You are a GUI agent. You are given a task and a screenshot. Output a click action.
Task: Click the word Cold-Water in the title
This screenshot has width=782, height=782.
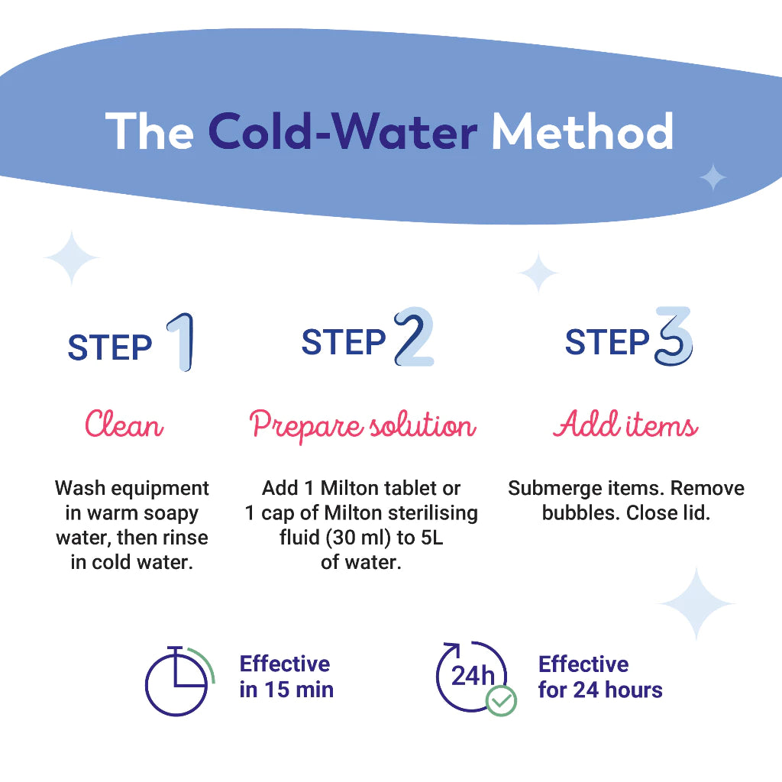pyautogui.click(x=343, y=131)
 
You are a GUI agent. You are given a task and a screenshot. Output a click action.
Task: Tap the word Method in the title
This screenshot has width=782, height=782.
pyautogui.click(x=583, y=131)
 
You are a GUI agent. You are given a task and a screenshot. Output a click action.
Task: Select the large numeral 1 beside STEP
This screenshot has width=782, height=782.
pyautogui.click(x=182, y=342)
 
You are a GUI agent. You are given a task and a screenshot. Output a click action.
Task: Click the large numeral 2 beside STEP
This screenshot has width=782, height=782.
pyautogui.click(x=413, y=337)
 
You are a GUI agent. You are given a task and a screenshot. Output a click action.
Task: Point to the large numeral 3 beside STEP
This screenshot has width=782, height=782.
pyautogui.click(x=674, y=336)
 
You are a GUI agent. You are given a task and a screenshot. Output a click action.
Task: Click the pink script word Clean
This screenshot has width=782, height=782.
pyautogui.click(x=124, y=425)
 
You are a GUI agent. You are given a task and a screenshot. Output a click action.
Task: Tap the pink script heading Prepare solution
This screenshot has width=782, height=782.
pyautogui.click(x=363, y=425)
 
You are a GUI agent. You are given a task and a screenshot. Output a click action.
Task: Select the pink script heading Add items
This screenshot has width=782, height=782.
pyautogui.click(x=625, y=425)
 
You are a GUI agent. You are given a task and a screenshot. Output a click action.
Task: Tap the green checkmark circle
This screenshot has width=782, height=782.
pyautogui.click(x=501, y=701)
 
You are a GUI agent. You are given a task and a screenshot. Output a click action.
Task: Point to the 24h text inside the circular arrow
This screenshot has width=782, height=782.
pyautogui.click(x=472, y=677)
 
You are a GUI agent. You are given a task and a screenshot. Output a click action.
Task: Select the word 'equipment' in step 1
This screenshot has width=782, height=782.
pyautogui.click(x=160, y=489)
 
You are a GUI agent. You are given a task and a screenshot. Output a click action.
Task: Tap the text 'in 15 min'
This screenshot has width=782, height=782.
pyautogui.click(x=286, y=690)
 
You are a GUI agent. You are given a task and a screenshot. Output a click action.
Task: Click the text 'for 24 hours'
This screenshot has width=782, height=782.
pyautogui.click(x=600, y=690)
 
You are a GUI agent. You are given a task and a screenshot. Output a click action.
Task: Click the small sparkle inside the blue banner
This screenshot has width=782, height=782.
pyautogui.click(x=713, y=177)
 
